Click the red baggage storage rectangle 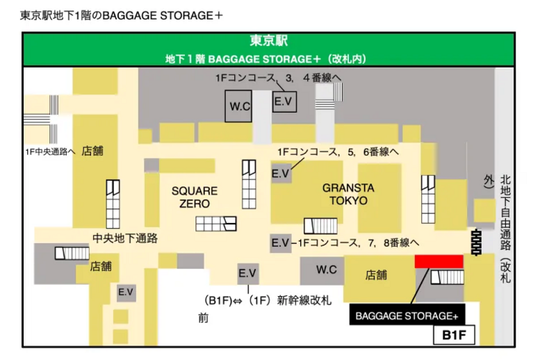pos(439,261)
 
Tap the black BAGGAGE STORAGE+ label pos(407,316)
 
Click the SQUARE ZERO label pos(195,196)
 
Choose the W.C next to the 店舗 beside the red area pos(325,268)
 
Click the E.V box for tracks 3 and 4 pos(284,101)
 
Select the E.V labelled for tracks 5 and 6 pos(280,172)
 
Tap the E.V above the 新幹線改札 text pos(247,274)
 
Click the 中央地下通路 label pos(125,238)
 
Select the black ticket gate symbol pos(477,240)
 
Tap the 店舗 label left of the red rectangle pos(376,275)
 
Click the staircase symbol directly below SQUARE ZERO pos(216,223)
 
